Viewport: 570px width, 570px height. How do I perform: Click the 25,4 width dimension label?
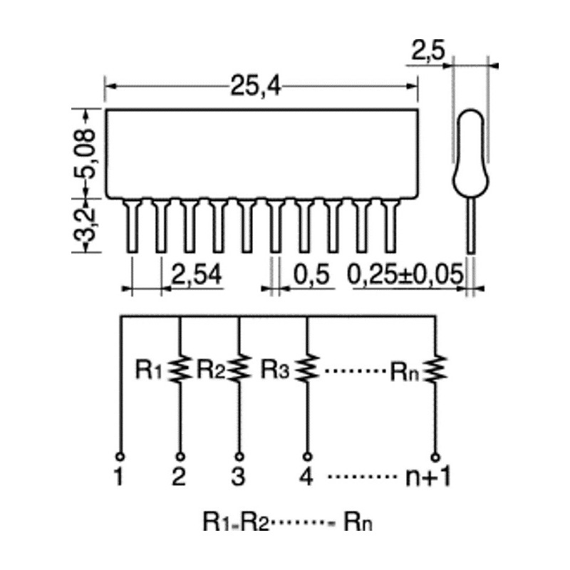tap(256, 86)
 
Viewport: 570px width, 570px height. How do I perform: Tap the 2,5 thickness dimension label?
tap(428, 50)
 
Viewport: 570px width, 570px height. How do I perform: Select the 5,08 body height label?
tap(85, 154)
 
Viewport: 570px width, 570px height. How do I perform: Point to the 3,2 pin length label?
tap(85, 226)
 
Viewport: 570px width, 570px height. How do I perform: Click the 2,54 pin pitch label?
tap(196, 274)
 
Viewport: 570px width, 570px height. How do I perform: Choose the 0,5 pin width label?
tap(311, 274)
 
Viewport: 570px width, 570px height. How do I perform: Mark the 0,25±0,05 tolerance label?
tap(405, 274)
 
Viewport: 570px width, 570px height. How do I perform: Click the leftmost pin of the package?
tap(132, 225)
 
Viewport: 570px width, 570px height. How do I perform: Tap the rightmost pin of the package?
tap(390, 225)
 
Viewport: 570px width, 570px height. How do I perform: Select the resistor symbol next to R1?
tap(180, 368)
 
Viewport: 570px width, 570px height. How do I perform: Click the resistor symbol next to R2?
tap(239, 368)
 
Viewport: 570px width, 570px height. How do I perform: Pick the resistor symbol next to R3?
tap(308, 368)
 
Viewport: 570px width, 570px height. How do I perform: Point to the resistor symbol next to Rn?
tap(435, 368)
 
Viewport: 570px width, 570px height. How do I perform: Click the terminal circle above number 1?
tap(120, 457)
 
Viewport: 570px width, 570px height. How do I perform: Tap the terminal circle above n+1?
tap(435, 457)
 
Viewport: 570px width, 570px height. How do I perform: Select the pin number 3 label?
tap(239, 476)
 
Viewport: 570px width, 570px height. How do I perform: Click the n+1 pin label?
tap(428, 477)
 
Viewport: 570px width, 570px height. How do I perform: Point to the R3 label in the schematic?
tap(275, 369)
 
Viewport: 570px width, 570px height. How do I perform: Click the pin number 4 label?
tap(306, 476)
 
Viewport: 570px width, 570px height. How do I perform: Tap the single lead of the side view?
tap(471, 225)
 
